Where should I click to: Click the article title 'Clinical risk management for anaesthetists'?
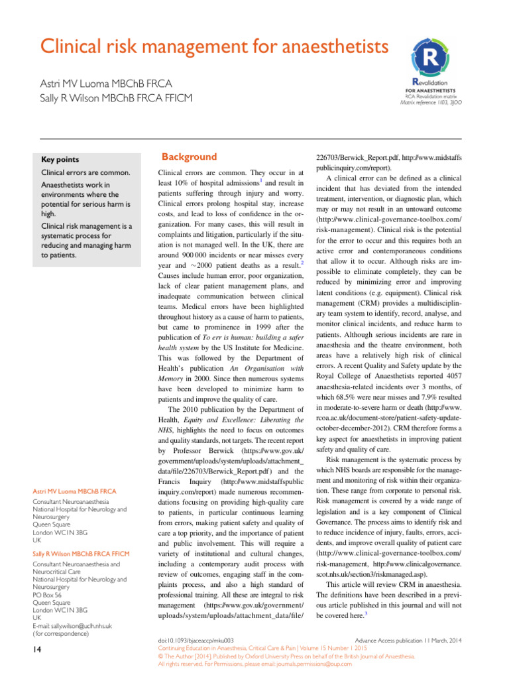[x=204, y=47]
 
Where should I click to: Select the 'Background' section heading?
[x=190, y=157]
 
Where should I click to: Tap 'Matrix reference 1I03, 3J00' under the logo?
[x=431, y=103]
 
